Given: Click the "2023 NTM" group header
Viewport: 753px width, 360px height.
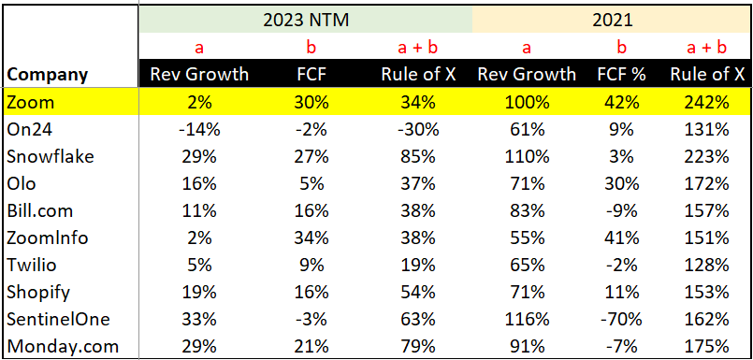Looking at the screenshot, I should pos(305,18).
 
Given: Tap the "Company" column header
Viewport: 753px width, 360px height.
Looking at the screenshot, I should pos(47,75).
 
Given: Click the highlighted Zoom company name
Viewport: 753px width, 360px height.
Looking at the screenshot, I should pos(30,101).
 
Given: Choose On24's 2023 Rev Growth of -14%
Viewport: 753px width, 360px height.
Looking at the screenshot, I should pos(200,128).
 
